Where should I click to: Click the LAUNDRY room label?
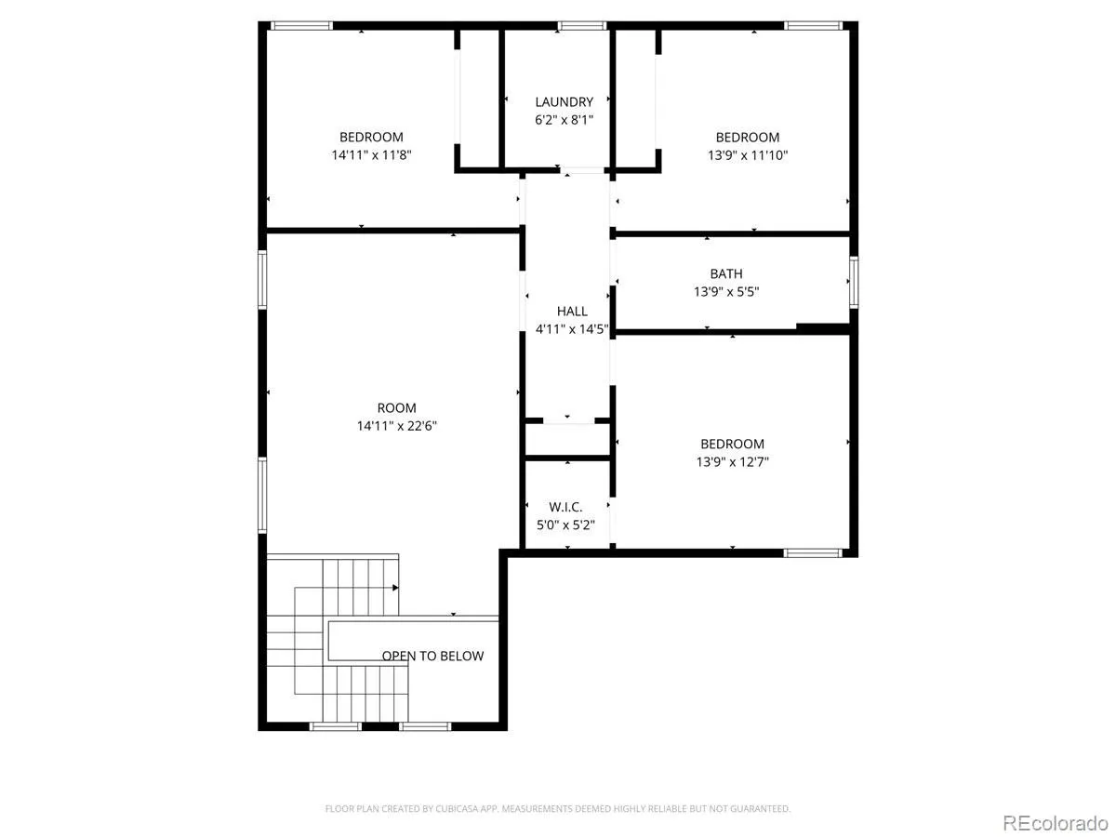point(564,102)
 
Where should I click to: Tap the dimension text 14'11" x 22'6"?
point(396,426)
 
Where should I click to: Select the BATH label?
point(726,274)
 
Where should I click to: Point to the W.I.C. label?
point(565,507)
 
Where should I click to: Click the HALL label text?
point(572,311)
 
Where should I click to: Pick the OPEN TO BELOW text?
point(432,656)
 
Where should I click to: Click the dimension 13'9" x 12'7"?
point(732,462)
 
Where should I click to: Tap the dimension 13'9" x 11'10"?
point(748,155)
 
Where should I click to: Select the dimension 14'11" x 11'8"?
point(371,155)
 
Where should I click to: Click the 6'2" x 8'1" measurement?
point(564,120)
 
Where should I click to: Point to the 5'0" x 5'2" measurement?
point(565,525)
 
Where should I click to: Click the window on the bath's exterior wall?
point(854,283)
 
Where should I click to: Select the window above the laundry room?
point(582,26)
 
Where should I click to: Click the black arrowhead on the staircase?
point(395,588)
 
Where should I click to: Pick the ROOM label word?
point(396,408)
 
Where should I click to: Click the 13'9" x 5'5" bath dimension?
point(726,292)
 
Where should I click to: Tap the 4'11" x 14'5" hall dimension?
point(572,329)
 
